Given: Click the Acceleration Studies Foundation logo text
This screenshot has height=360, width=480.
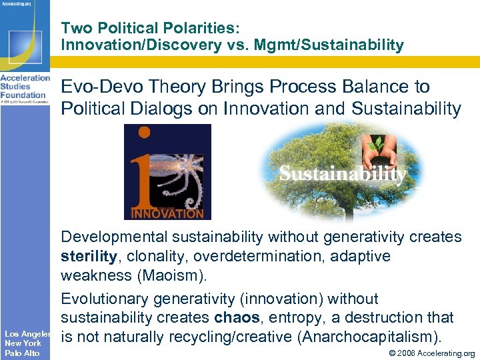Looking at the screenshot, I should click(x=25, y=86).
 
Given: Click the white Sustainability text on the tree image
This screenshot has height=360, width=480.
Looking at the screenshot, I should click(x=342, y=174).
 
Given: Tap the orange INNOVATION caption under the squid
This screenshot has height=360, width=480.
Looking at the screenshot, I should click(x=167, y=213).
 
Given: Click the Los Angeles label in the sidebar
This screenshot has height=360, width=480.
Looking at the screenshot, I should click(x=27, y=333).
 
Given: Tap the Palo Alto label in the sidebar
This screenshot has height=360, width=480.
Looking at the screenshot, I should click(x=22, y=353).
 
